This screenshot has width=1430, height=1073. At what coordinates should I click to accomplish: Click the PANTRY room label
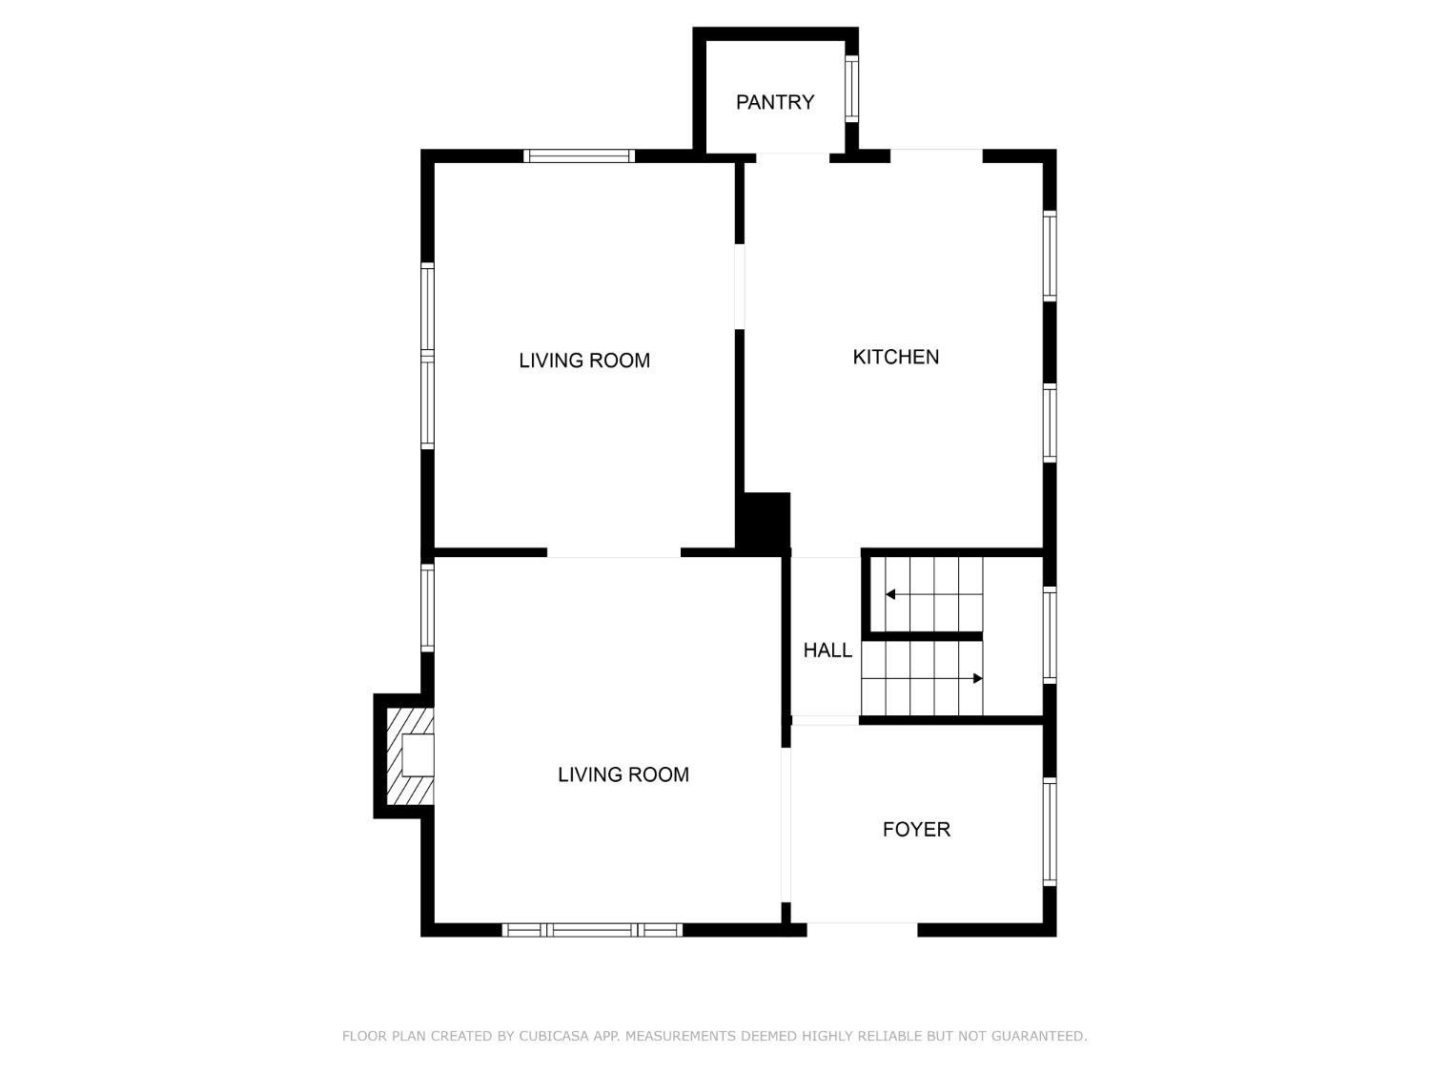(x=775, y=102)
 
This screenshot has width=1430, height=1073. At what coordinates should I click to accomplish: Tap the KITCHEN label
(x=896, y=357)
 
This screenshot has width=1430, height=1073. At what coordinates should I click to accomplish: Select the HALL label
(x=827, y=650)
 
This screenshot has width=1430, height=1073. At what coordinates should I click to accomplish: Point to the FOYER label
(x=916, y=830)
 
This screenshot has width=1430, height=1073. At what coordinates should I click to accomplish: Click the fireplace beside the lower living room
(x=410, y=755)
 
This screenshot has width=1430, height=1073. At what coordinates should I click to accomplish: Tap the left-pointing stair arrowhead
(x=889, y=594)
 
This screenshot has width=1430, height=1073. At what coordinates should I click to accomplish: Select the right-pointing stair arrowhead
(x=977, y=678)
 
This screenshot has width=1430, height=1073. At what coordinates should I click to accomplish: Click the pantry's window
(x=851, y=89)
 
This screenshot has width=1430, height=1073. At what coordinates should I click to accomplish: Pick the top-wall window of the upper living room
(x=580, y=155)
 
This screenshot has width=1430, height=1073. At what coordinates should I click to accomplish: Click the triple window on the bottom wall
(x=592, y=930)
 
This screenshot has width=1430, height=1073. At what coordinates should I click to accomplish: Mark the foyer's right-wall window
(x=1050, y=832)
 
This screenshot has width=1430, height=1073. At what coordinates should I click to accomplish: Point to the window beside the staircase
(x=1050, y=634)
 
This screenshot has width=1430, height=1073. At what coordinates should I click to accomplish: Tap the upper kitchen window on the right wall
(x=1050, y=256)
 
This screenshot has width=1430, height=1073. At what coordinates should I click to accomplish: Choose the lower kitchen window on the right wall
(x=1050, y=423)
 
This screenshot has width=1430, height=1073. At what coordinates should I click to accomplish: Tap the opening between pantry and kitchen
(x=792, y=156)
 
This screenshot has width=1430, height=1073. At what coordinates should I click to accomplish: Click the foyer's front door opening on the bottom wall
(x=862, y=930)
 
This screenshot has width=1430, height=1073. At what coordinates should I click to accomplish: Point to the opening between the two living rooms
(x=614, y=553)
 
